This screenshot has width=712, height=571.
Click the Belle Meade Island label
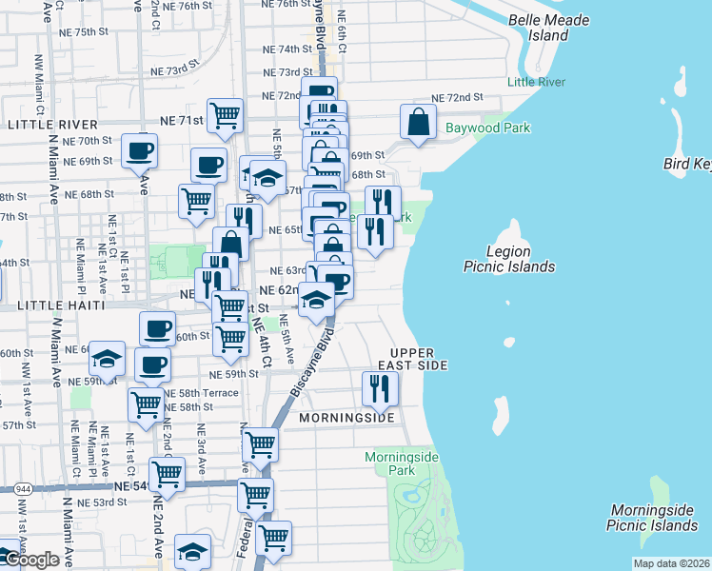548,28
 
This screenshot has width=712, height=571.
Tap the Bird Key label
688,166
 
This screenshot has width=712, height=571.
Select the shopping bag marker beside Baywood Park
418,121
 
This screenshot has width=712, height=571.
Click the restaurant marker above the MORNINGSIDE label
378,387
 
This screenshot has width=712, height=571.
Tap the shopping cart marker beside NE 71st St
225,116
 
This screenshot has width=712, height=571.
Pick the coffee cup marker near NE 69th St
139,150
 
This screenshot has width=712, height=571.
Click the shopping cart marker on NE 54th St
167,473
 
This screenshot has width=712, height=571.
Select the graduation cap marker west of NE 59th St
108,359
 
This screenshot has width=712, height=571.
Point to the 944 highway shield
22,487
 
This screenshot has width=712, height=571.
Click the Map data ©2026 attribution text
670,563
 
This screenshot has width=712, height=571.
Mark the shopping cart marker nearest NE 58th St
145,404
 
